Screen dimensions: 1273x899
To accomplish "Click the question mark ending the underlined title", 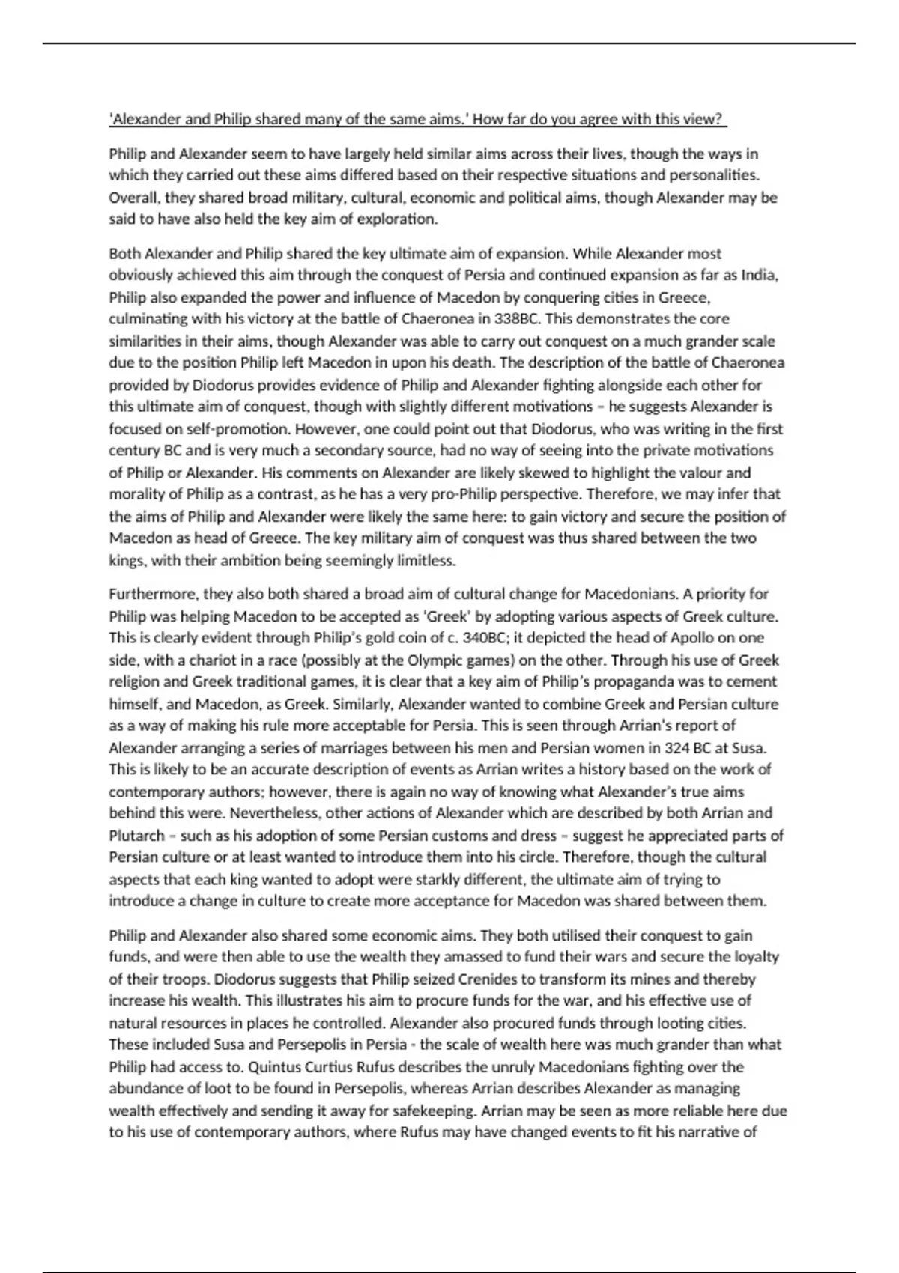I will point(721,119).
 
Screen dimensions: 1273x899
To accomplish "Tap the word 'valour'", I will point(694,473).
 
